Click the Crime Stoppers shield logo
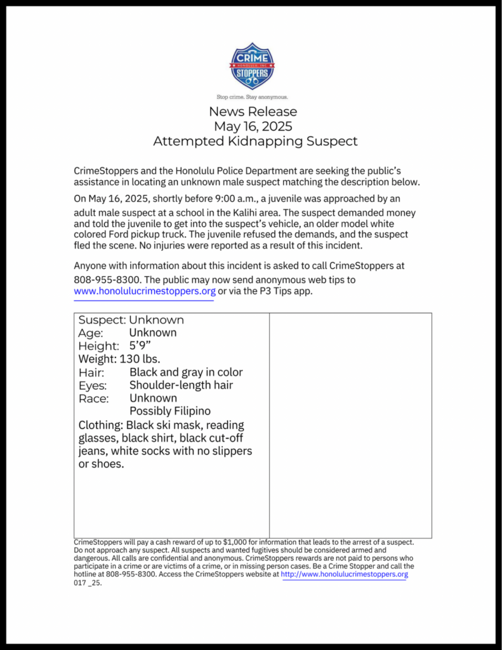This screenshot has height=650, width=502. tap(253, 66)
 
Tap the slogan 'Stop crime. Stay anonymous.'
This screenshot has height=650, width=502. tap(253, 97)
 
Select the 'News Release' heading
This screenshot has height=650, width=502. tap(253, 112)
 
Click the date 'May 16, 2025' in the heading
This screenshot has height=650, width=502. tap(253, 126)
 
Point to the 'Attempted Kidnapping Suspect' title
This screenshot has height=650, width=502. tap(255, 141)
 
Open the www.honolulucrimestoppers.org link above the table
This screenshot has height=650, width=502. tap(145, 291)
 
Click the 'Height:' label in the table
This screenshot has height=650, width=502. tap(98, 346)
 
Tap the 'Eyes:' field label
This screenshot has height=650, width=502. tap(93, 385)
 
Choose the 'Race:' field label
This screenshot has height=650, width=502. tap(93, 399)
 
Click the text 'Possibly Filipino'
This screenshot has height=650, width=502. tap(170, 411)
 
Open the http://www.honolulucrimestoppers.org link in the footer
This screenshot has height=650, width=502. tap(345, 574)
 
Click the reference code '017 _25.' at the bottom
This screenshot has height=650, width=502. tap(88, 582)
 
